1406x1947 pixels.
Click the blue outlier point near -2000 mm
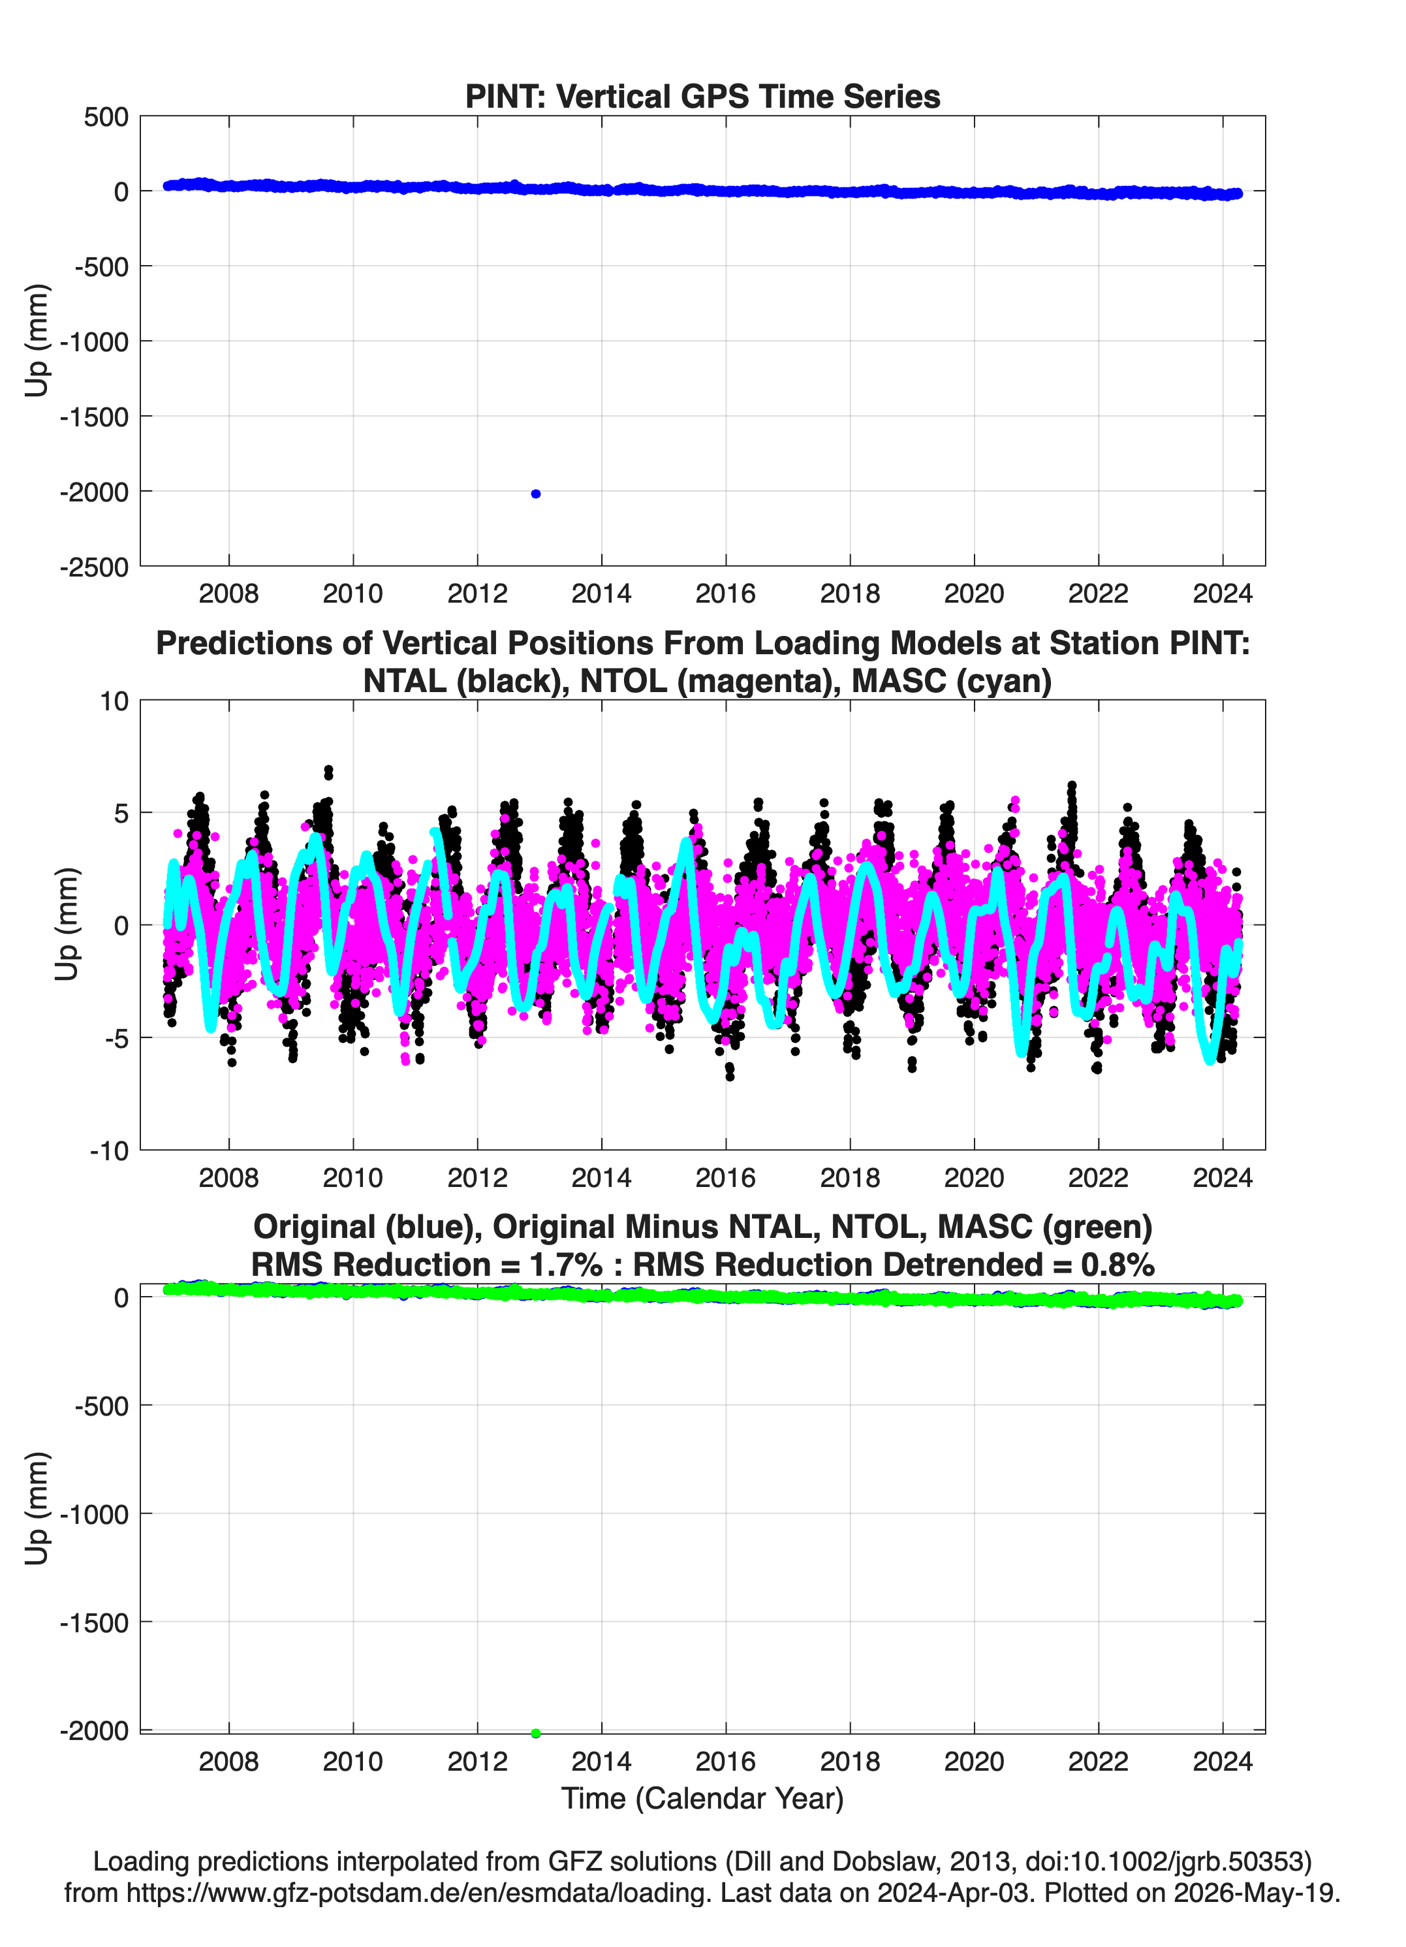(x=536, y=494)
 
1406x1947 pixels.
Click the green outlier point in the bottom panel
(x=536, y=1733)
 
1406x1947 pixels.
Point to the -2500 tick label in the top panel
(x=95, y=567)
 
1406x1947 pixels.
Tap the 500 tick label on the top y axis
(x=106, y=117)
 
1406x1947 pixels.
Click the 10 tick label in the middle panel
(x=114, y=701)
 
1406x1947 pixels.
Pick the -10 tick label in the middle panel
(x=109, y=1151)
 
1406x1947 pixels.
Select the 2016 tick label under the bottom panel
(x=725, y=1762)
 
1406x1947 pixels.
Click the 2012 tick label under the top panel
(x=477, y=594)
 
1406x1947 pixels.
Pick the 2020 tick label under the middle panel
(x=975, y=1177)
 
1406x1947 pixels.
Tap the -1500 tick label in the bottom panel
(x=95, y=1623)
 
